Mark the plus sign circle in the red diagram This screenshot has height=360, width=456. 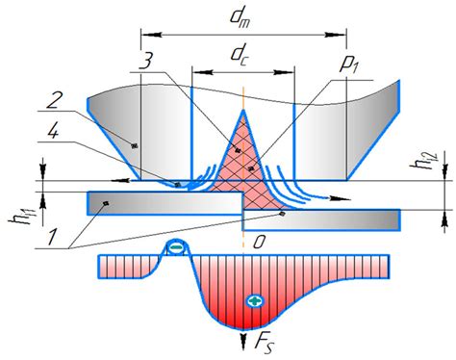254,300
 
